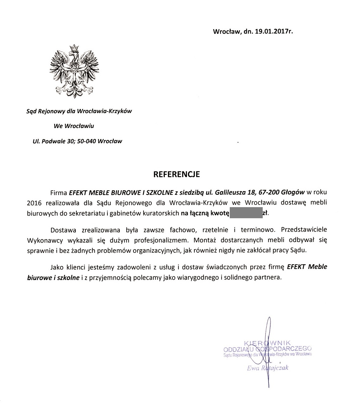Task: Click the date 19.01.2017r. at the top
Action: (274, 31)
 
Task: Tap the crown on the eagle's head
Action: (74, 47)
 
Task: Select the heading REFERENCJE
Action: (177, 174)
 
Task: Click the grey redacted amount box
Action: (246, 213)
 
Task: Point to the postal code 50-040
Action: (87, 141)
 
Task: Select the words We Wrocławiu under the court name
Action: (74, 126)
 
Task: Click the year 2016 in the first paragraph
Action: (34, 203)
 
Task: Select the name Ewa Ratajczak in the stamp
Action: (267, 368)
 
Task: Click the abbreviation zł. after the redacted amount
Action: (266, 213)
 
